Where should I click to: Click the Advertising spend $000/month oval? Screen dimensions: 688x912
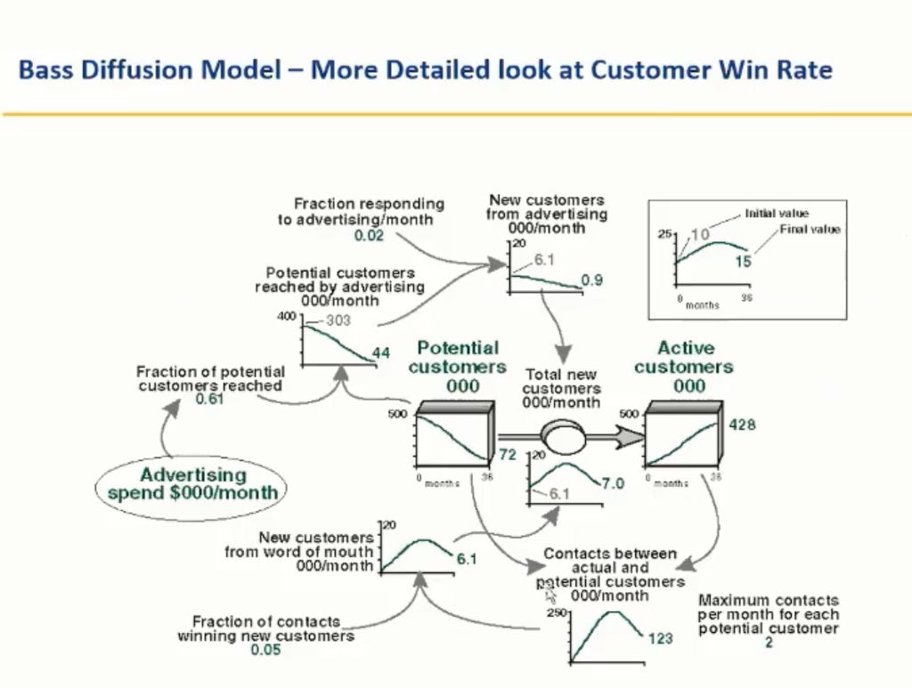(192, 483)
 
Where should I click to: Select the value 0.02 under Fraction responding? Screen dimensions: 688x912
(368, 236)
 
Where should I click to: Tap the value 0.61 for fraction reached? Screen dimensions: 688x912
(210, 400)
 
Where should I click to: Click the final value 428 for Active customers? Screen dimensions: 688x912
(742, 425)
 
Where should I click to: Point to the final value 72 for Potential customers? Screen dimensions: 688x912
(508, 455)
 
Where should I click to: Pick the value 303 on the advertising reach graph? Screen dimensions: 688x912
(338, 320)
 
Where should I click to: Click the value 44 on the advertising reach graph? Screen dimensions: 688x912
(381, 353)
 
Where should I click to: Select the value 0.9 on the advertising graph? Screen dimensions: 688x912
(592, 280)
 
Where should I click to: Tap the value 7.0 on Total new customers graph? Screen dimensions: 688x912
(613, 484)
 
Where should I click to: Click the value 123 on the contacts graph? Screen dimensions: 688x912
(660, 638)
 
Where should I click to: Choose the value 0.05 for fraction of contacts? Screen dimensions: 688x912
(265, 650)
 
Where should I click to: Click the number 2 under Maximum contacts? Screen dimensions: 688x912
(769, 643)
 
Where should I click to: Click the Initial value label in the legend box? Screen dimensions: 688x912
(777, 214)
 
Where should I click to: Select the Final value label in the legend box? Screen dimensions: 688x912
(810, 230)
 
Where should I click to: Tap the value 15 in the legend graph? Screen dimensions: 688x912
(744, 262)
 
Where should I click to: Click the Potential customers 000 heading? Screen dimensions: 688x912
(458, 367)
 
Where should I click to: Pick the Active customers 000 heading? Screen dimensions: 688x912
(685, 367)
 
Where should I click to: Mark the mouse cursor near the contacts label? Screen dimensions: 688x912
(550, 595)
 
